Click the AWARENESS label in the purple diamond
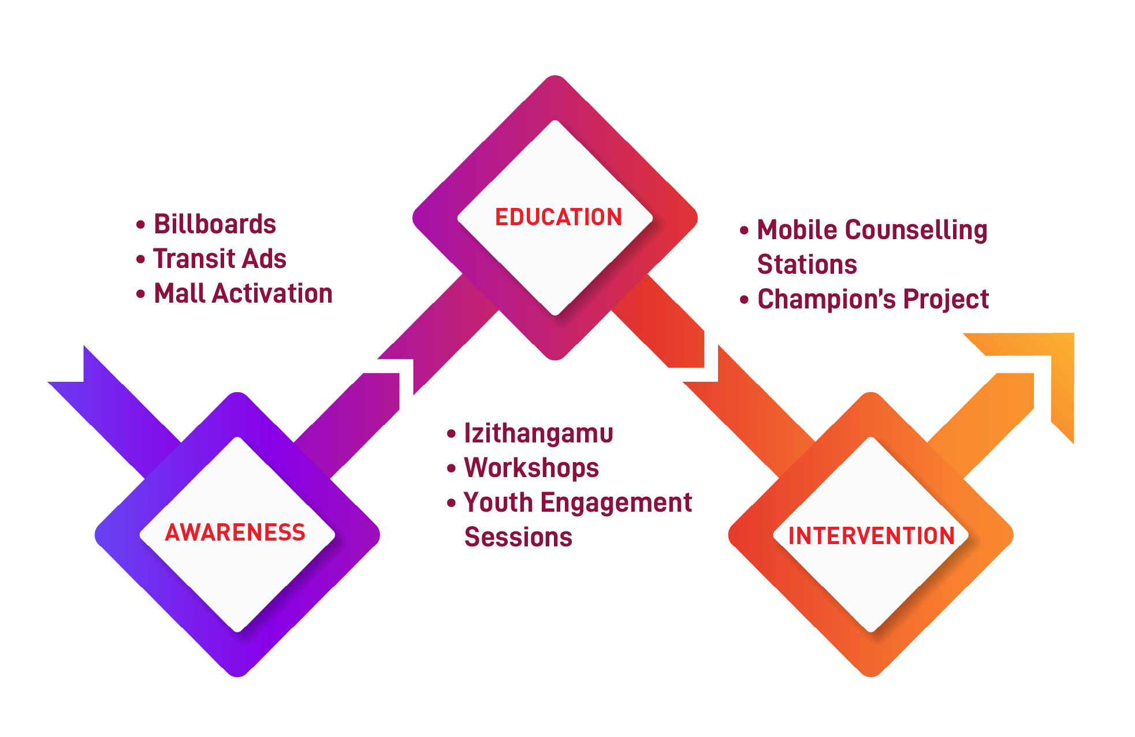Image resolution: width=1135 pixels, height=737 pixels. [x=235, y=532]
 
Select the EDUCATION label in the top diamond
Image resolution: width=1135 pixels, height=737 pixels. [x=559, y=217]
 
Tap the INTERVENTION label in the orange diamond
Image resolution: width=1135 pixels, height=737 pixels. [x=871, y=535]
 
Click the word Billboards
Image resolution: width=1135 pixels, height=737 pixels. [x=215, y=224]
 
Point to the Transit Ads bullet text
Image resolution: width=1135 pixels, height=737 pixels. [x=219, y=259]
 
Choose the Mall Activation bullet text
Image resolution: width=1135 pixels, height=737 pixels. [x=243, y=293]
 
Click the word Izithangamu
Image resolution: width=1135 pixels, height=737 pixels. [x=538, y=433]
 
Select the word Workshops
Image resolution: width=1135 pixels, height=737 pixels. [x=531, y=468]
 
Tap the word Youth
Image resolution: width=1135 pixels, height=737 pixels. [x=498, y=502]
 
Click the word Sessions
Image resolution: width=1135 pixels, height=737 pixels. [x=518, y=537]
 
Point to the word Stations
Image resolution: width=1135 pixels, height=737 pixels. [x=807, y=265]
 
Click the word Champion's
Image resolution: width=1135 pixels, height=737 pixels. [x=826, y=299]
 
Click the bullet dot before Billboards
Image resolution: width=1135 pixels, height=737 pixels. [x=140, y=225]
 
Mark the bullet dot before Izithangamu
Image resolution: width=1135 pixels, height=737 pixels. [x=451, y=434]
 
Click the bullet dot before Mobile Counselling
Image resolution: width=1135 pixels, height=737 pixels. [x=744, y=230]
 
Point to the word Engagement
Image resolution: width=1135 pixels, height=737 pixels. [x=616, y=502]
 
